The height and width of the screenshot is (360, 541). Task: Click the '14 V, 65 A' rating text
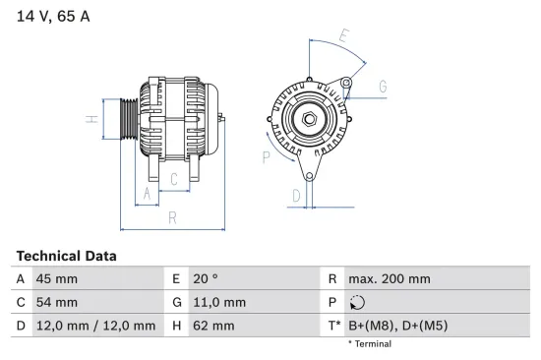53,16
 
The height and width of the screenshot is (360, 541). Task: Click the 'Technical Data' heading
66,256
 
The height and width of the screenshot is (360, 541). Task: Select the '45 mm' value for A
56,279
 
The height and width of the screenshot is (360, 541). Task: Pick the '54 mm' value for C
56,302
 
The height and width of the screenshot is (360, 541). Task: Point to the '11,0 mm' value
219,302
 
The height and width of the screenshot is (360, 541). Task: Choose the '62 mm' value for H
213,326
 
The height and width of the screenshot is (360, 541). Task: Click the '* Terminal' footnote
369,344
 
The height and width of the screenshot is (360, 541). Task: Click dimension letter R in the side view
172,217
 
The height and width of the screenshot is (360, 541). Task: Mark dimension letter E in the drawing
343,37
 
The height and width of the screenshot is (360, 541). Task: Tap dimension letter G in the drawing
382,87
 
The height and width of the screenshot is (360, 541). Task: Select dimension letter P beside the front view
266,156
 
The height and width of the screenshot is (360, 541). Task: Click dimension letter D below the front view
295,197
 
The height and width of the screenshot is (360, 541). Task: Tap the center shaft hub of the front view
309,120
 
